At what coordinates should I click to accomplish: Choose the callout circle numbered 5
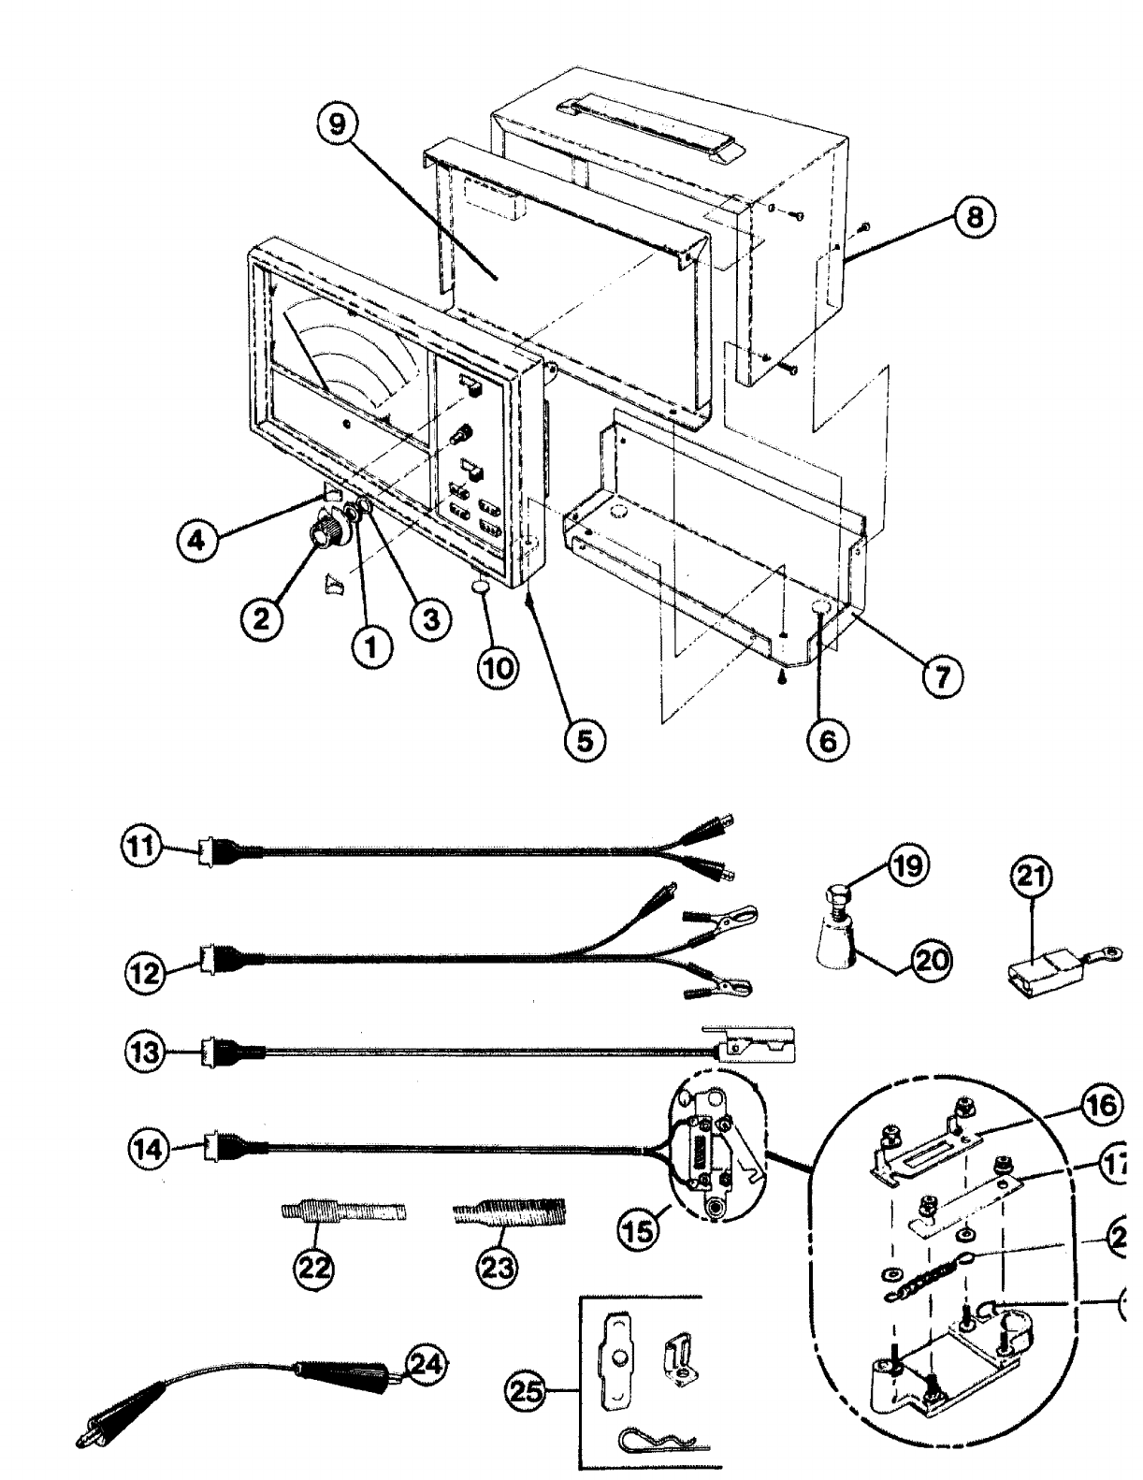[584, 738]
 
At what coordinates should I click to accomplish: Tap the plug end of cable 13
[208, 1052]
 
